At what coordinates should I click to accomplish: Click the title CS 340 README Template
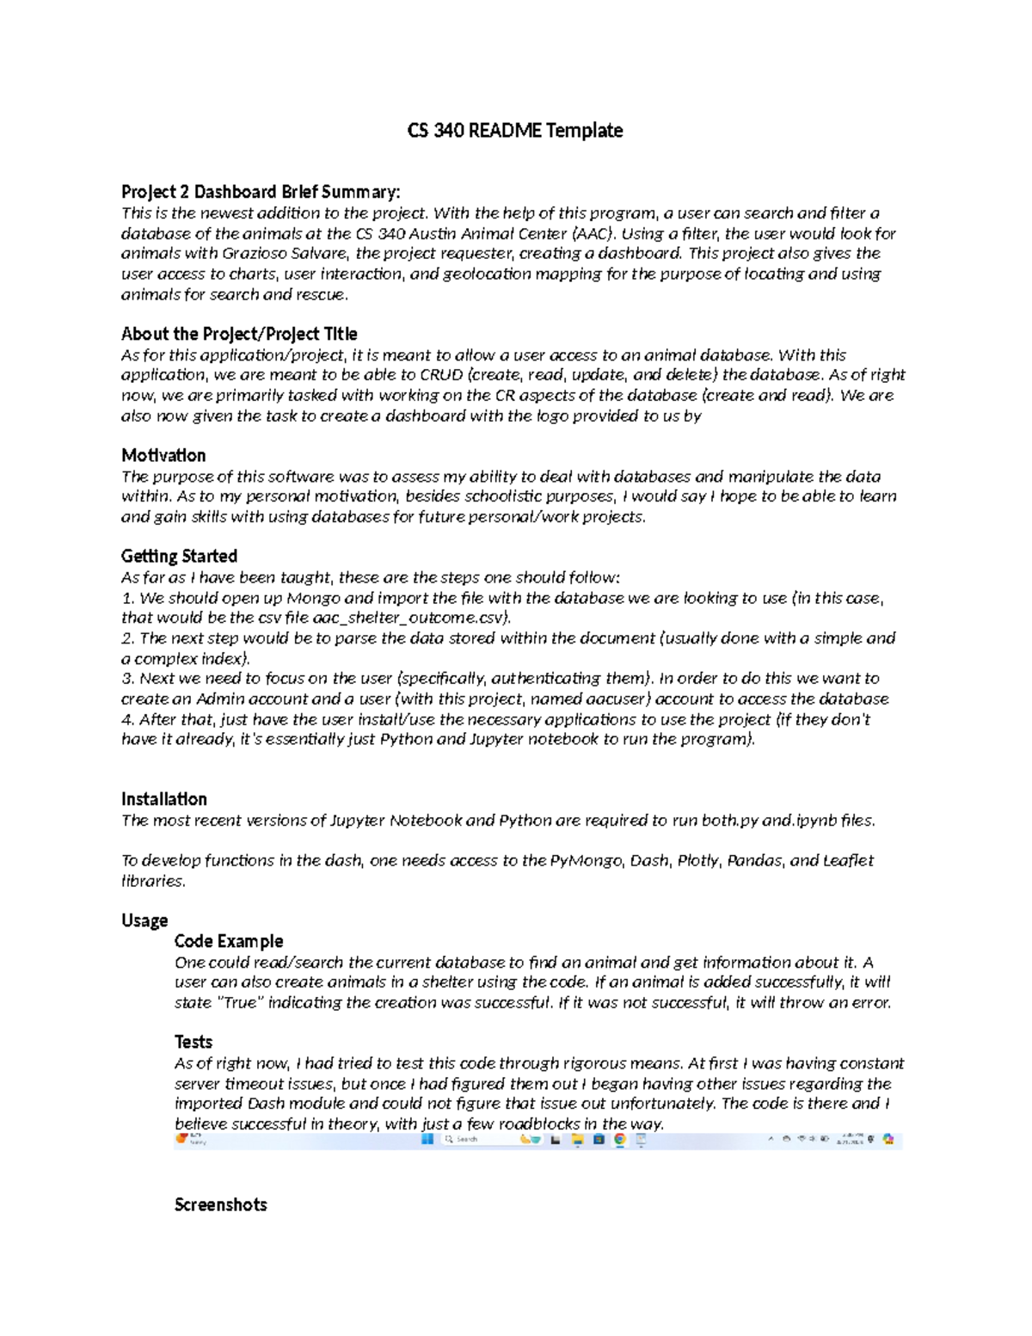coord(514,131)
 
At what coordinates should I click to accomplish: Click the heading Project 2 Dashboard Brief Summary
coord(260,192)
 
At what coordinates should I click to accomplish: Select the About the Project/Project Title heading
coord(239,334)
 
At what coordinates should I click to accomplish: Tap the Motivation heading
coord(163,455)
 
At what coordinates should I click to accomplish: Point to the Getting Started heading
coord(179,556)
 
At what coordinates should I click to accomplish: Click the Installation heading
coord(163,799)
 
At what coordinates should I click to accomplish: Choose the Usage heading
coord(144,920)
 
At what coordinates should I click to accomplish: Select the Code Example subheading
coord(228,941)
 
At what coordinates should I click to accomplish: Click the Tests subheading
coord(193,1042)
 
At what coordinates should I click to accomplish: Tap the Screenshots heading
coord(220,1204)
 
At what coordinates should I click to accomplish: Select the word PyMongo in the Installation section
coord(586,860)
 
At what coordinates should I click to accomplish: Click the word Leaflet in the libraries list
coord(848,860)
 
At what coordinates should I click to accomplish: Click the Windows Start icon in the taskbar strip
coord(427,1139)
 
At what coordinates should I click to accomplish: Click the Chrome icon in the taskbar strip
coord(619,1139)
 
